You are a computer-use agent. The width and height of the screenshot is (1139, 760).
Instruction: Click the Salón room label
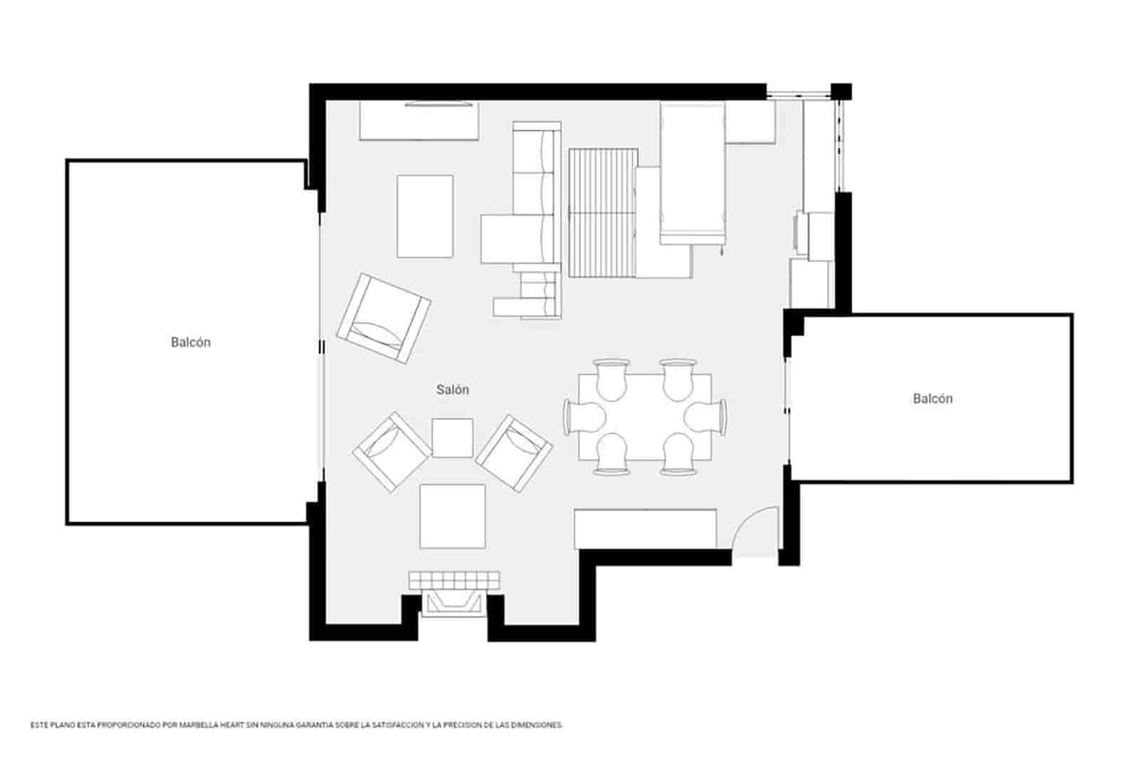(x=453, y=390)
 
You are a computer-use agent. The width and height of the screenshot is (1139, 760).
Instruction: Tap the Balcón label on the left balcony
(x=191, y=342)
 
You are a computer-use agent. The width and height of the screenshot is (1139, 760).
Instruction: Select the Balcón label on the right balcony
(x=933, y=398)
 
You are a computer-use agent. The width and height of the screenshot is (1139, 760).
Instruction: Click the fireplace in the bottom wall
(x=453, y=603)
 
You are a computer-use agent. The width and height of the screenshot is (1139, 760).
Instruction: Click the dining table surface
(x=645, y=417)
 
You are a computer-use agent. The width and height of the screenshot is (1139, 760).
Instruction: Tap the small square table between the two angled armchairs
(x=453, y=437)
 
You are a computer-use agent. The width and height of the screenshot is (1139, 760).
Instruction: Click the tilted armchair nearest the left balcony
(x=384, y=318)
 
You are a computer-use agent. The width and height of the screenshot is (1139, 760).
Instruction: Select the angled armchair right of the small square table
(x=514, y=453)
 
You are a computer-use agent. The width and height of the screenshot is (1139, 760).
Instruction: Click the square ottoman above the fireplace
(x=453, y=516)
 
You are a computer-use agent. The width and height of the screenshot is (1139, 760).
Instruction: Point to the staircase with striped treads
(x=602, y=212)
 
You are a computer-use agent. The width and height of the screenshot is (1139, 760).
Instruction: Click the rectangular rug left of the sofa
(x=425, y=216)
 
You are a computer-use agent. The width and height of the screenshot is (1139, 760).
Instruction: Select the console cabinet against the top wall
(x=419, y=122)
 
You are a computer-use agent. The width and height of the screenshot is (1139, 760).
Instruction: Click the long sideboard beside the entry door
(x=645, y=529)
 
